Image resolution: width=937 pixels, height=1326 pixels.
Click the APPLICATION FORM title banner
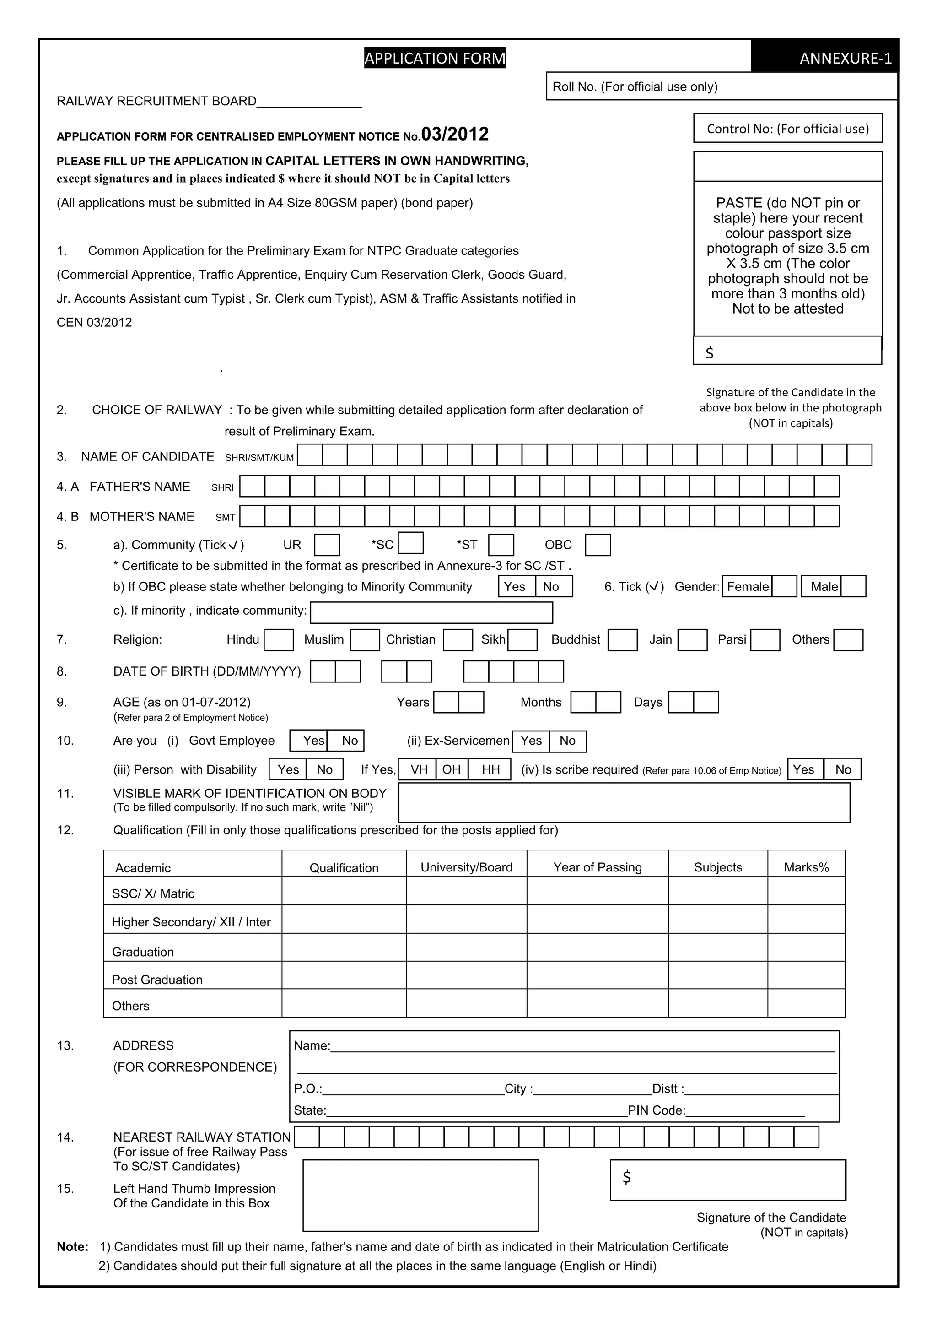click(435, 58)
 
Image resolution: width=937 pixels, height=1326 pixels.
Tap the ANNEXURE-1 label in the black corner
click(845, 58)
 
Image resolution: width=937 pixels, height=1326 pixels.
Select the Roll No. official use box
click(722, 87)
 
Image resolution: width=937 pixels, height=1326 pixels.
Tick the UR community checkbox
click(327, 545)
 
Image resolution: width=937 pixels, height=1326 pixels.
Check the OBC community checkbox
click(598, 545)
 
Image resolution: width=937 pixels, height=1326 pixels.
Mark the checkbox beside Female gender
click(785, 586)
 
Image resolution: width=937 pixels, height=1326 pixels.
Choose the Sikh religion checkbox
click(522, 640)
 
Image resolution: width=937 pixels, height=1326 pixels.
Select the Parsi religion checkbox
click(765, 640)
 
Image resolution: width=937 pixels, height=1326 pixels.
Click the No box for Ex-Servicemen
click(567, 741)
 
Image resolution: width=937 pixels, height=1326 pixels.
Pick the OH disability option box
click(452, 769)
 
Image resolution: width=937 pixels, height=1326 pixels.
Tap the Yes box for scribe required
click(804, 769)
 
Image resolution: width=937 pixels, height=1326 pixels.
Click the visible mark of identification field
click(624, 802)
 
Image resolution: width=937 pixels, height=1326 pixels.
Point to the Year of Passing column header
click(597, 867)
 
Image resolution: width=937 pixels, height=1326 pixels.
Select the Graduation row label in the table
click(143, 951)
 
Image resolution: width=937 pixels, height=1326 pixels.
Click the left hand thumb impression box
click(420, 1195)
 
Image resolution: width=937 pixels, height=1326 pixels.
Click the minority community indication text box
click(431, 612)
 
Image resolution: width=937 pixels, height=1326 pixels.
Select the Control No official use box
click(787, 128)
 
